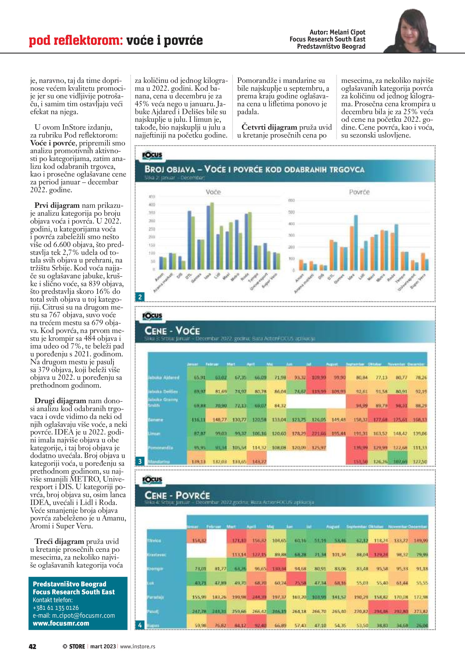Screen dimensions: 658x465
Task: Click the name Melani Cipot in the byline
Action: click(x=347, y=32)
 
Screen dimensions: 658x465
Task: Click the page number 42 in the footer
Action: click(x=32, y=646)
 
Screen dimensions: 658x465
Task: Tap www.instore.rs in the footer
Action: click(x=137, y=646)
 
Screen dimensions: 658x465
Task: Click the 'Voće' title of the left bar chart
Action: click(x=213, y=192)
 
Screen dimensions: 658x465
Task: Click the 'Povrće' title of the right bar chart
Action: click(x=359, y=192)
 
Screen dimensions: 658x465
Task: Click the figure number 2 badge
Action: click(x=140, y=297)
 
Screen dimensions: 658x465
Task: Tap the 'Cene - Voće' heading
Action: click(x=172, y=331)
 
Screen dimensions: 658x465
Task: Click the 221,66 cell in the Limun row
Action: click(x=319, y=434)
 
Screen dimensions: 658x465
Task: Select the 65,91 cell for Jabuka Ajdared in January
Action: click(x=199, y=378)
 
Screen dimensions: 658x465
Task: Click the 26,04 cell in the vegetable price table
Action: click(x=422, y=625)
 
